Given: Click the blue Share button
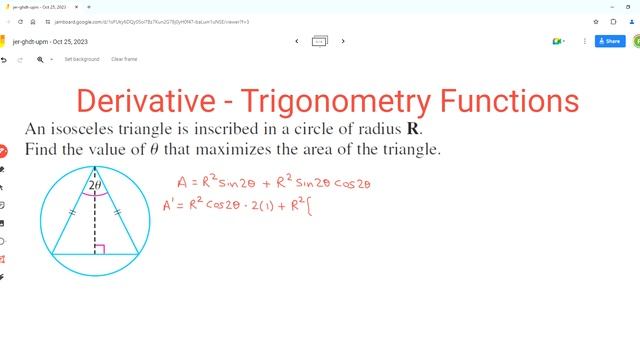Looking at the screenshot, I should [610, 41].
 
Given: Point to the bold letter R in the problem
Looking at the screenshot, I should [413, 131].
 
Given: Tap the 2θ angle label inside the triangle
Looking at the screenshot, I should [95, 185].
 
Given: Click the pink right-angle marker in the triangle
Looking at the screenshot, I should [100, 248].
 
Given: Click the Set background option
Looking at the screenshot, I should [82, 59].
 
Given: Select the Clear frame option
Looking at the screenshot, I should [124, 59].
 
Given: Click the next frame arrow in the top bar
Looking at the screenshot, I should [343, 41].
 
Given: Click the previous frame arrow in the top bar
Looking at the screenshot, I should [297, 41].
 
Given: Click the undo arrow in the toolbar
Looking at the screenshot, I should [5, 59].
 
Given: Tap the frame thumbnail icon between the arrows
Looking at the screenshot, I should [320, 41].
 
